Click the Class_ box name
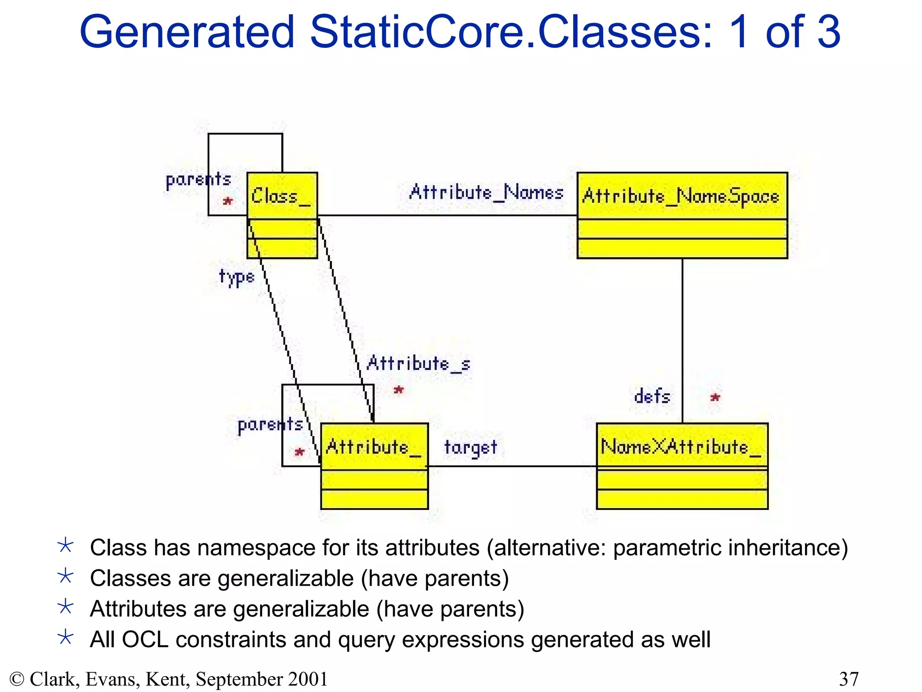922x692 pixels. (281, 196)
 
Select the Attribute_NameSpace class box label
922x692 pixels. (681, 196)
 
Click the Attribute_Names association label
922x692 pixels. (486, 192)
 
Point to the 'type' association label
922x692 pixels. (237, 277)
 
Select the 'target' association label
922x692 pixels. (470, 448)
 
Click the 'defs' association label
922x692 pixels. (652, 396)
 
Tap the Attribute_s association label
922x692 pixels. (419, 364)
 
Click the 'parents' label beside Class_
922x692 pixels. (198, 180)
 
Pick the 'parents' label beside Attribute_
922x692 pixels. (270, 425)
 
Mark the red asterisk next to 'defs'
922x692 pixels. (715, 397)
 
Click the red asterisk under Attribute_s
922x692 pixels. (398, 390)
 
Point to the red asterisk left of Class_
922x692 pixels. (228, 201)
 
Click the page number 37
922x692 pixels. (849, 679)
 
